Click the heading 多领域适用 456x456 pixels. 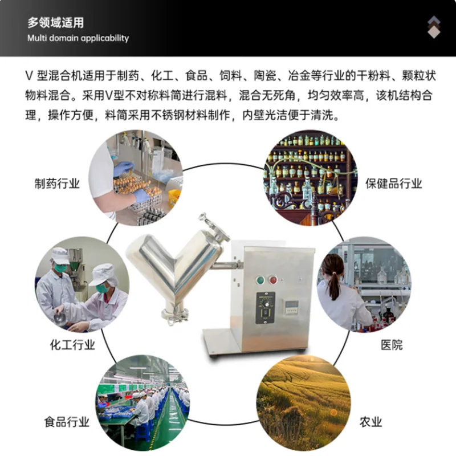point(55,23)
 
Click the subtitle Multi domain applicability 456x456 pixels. point(78,38)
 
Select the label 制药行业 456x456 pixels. point(57,184)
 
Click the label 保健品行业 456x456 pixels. point(393,184)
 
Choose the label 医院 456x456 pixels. point(392,345)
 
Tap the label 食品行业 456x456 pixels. point(67,422)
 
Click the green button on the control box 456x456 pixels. point(261,280)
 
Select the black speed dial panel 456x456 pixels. point(265,307)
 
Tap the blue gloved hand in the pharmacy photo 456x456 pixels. point(140,195)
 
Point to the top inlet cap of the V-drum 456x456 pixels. point(211,224)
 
